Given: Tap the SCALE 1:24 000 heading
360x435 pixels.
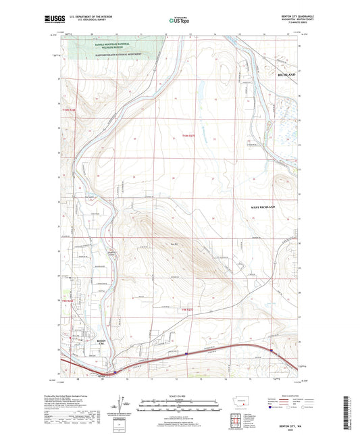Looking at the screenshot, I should tap(180, 396).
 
